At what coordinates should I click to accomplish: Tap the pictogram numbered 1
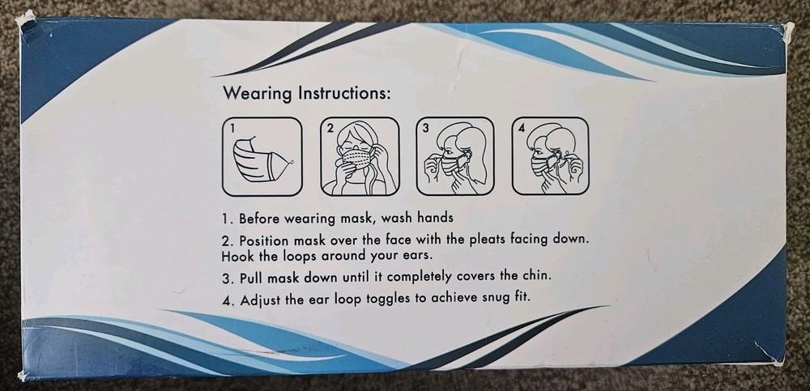click(262, 156)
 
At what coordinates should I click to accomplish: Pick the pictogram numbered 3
click(454, 156)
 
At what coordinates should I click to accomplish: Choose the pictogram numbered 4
click(550, 156)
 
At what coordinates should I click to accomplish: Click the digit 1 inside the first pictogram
click(232, 128)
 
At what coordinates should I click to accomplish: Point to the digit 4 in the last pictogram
click(522, 128)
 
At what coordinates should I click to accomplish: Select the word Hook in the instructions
click(237, 255)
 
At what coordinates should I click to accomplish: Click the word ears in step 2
click(377, 255)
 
